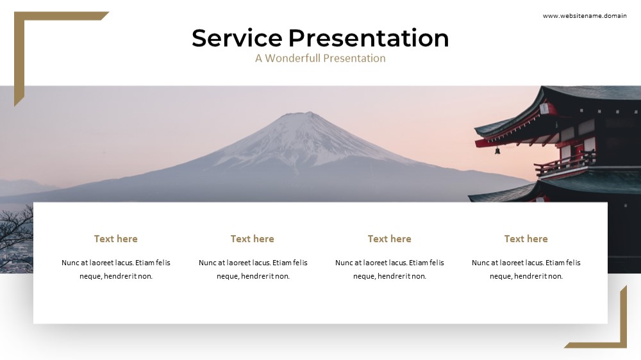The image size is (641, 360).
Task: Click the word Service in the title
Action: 237,38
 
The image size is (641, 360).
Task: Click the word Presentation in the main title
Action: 369,38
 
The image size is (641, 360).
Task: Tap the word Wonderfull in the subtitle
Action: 293,58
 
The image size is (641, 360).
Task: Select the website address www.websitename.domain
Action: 585,16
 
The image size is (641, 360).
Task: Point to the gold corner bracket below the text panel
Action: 623,323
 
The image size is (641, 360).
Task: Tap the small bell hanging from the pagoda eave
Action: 497,151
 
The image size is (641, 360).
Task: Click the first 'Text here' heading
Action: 115,239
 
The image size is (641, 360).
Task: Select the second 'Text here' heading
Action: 252,239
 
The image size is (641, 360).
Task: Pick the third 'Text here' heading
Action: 389,239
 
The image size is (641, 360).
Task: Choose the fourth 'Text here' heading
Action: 526,239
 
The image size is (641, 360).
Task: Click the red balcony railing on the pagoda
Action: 565,164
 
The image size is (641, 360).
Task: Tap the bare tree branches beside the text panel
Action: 17,226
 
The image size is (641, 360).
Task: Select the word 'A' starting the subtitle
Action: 259,58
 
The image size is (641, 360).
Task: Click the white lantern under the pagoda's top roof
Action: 544,109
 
